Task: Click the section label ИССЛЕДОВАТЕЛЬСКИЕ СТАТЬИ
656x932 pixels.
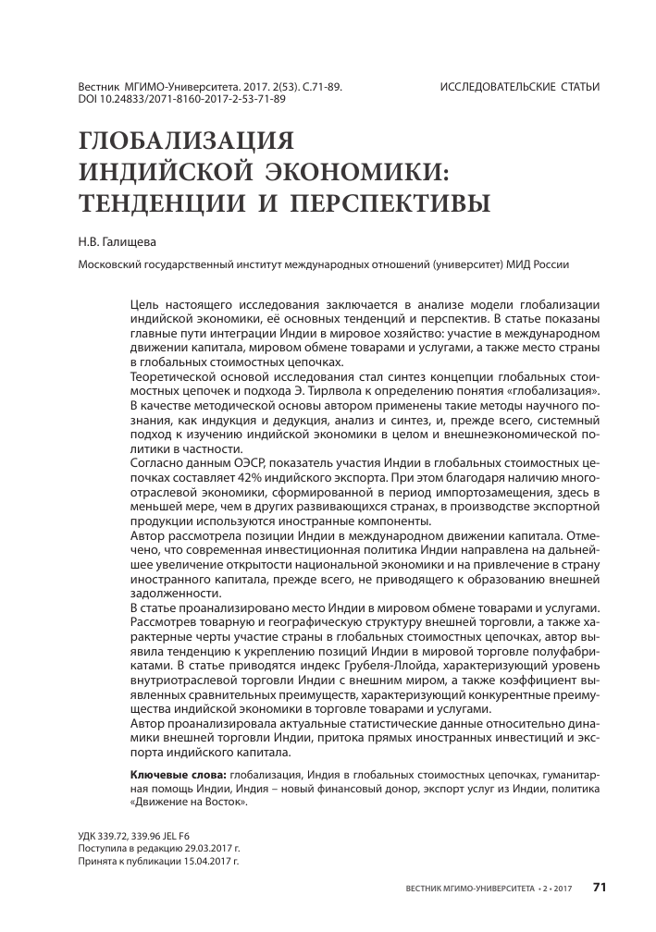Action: [x=520, y=87]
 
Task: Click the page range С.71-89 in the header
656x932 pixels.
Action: [x=319, y=87]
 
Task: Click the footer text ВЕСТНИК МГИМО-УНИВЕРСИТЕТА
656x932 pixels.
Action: [x=469, y=888]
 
